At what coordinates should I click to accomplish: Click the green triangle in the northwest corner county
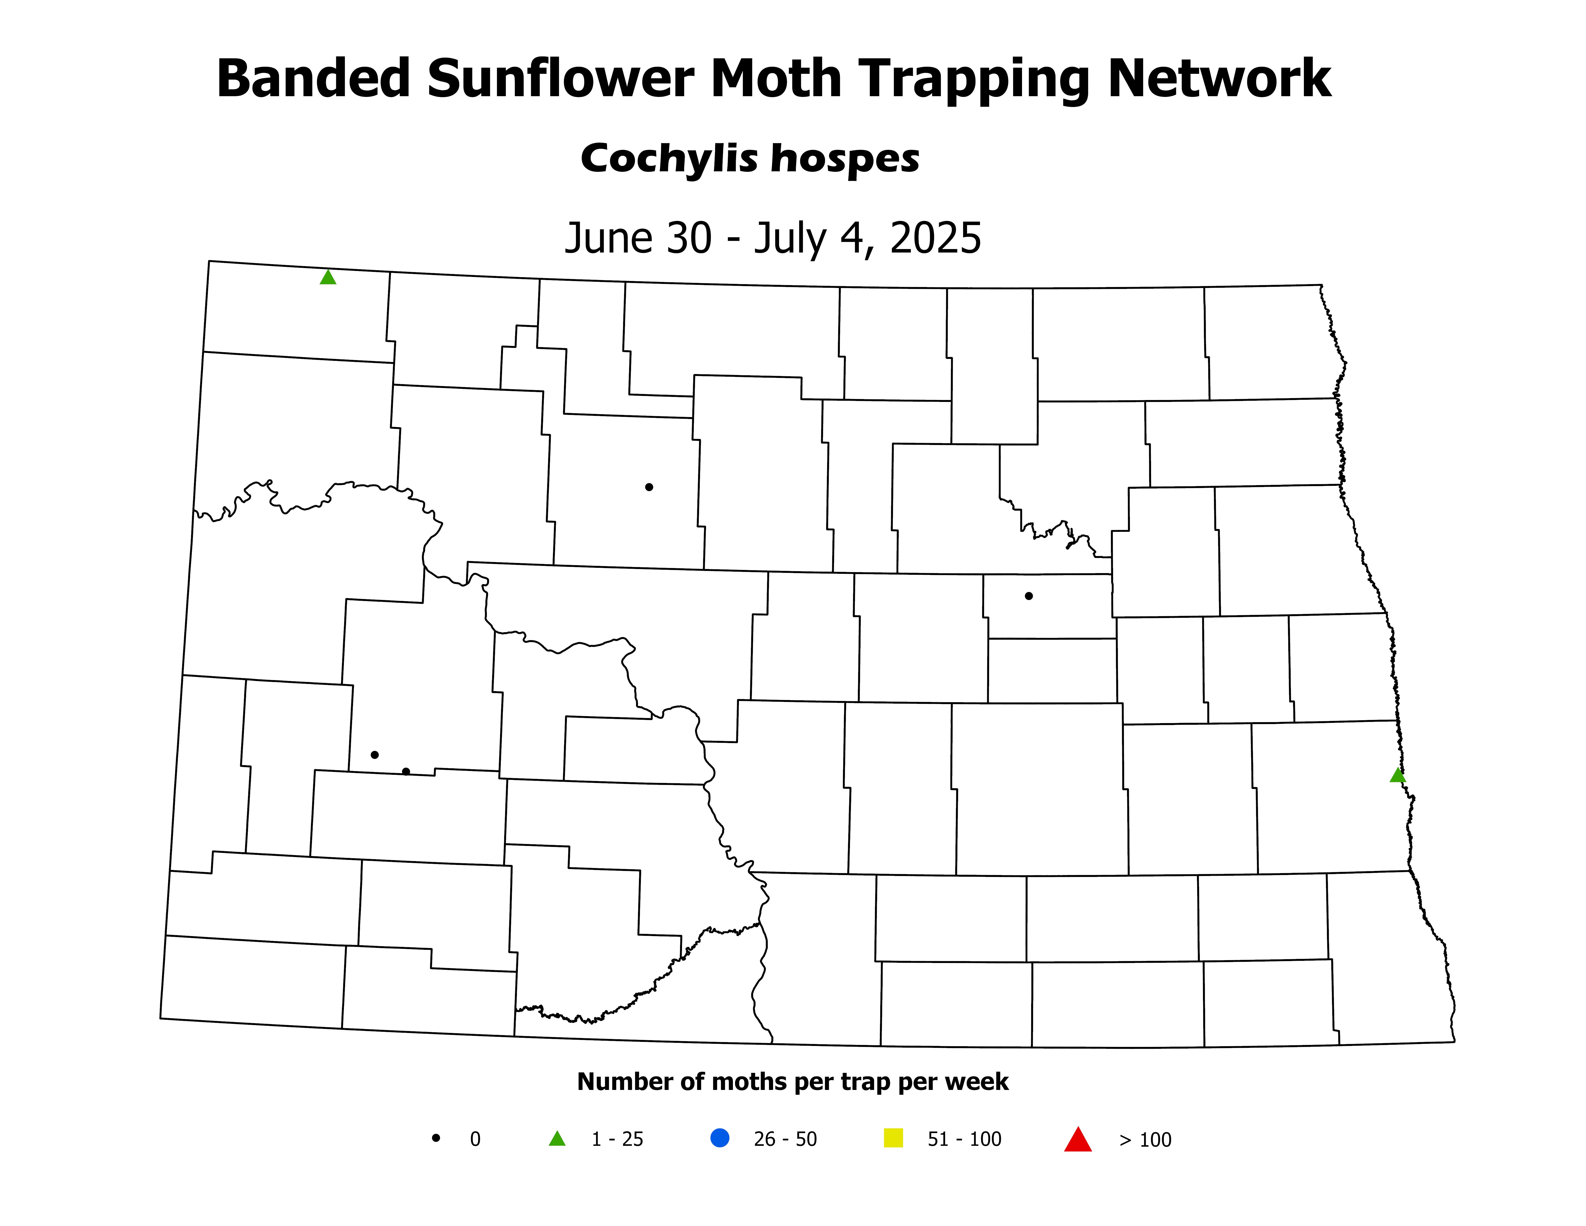click(x=328, y=277)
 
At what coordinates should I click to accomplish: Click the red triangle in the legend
click(x=1078, y=1139)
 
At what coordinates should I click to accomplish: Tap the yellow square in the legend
click(x=893, y=1138)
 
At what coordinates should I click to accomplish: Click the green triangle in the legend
click(x=557, y=1139)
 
